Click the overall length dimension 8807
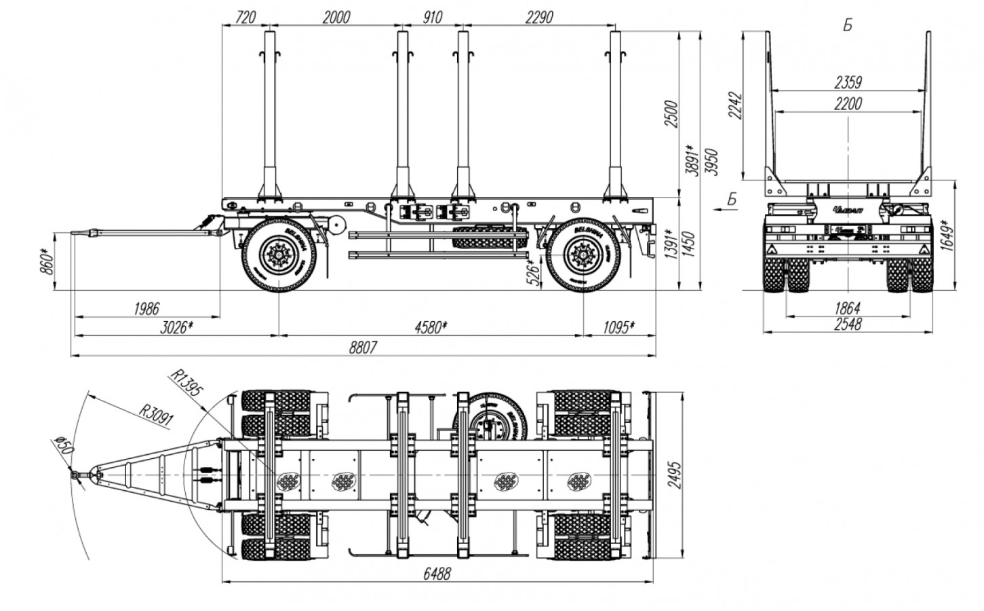click(x=363, y=347)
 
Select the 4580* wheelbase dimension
click(x=431, y=327)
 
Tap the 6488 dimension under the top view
click(x=437, y=574)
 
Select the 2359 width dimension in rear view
click(x=848, y=83)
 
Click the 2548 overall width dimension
click(x=848, y=325)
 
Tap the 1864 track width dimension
click(x=848, y=308)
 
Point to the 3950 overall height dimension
click(x=711, y=162)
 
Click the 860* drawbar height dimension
click(x=46, y=261)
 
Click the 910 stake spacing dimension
click(x=433, y=17)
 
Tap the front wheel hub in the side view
click(x=279, y=254)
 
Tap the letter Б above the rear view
click(x=848, y=25)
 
